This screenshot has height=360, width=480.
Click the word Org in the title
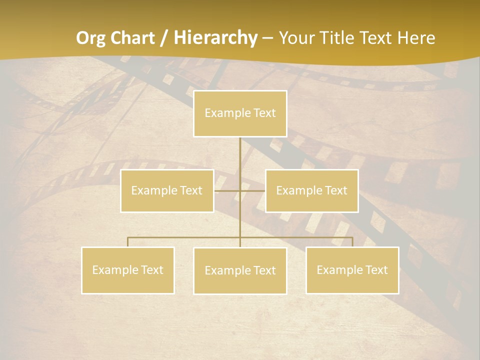tap(92, 38)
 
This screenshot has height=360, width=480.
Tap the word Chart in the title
tap(132, 38)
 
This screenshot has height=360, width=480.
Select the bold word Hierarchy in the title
tap(215, 38)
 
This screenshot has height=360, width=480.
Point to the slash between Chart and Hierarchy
tap(164, 38)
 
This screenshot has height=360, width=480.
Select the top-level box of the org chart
tap(240, 113)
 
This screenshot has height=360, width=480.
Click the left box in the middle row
tap(167, 190)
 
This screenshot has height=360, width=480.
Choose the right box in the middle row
tap(311, 190)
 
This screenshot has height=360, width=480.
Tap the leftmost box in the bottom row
tap(128, 270)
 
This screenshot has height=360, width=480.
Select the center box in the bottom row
tap(240, 270)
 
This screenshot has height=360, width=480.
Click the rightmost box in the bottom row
tap(352, 270)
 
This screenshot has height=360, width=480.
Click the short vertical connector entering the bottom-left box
tap(128, 242)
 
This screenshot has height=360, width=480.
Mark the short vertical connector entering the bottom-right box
tap(352, 242)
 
